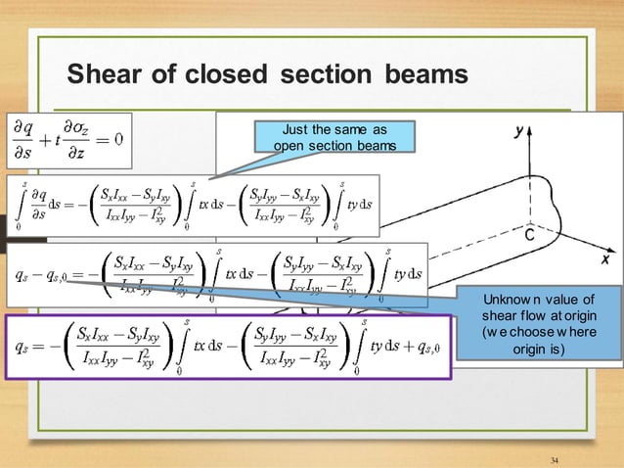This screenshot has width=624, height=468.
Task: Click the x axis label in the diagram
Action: (590, 261)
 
